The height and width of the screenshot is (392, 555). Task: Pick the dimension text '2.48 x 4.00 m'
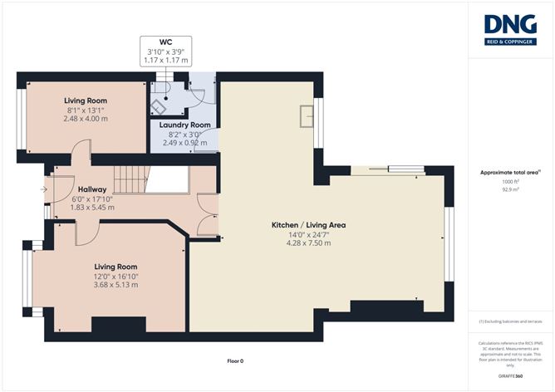point(86,119)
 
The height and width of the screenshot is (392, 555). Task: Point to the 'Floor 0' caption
point(237,361)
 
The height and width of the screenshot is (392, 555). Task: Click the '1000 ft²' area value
point(510,181)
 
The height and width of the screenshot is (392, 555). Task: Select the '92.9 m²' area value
point(510,189)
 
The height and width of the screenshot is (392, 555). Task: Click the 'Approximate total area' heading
point(509,172)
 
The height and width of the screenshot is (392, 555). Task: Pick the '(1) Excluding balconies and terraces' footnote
point(510,321)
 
